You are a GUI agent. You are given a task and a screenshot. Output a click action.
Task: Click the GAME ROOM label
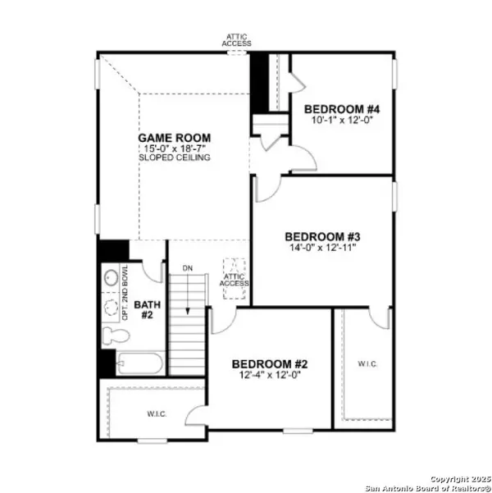point(174,138)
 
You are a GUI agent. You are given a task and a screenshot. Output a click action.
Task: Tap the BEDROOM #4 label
point(342,109)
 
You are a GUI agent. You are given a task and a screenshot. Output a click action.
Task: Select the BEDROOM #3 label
point(322,235)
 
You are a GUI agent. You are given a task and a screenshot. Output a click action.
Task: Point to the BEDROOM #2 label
point(269,364)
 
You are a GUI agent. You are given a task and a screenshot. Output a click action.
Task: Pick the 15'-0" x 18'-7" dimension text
point(174,148)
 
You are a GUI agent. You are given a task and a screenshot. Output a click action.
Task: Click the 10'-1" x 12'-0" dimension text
point(342,120)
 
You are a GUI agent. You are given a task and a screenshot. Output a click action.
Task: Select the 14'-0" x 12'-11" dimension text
point(322,246)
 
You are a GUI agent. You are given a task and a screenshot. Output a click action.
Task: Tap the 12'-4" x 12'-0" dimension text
point(269,375)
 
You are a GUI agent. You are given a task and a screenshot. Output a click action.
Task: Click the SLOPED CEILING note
point(174,157)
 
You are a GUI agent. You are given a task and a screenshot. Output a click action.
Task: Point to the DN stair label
point(187,267)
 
